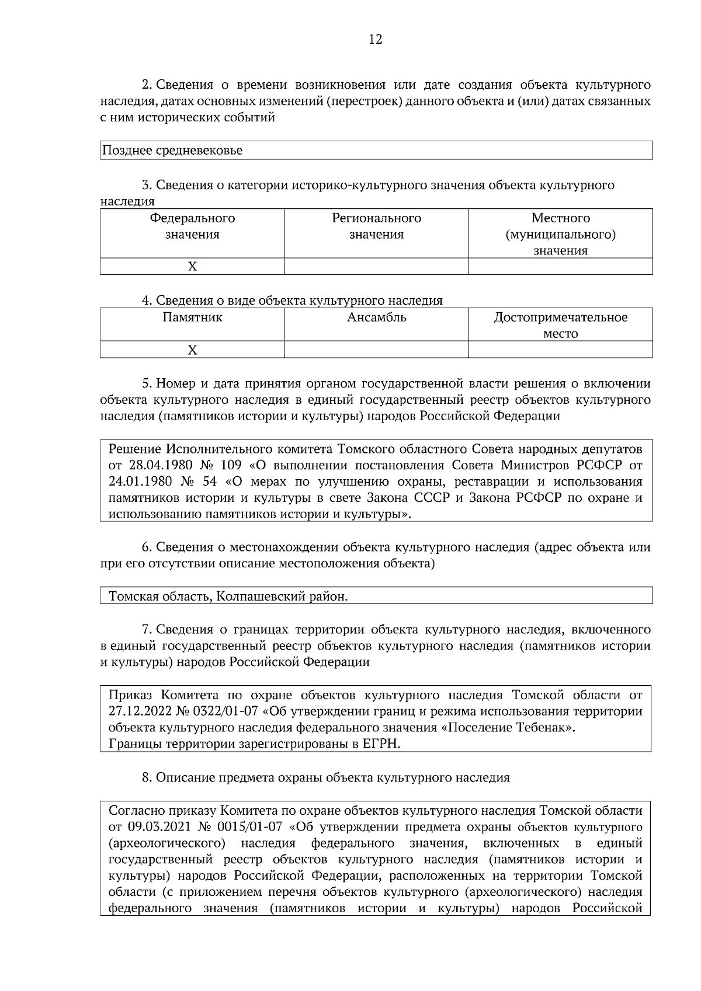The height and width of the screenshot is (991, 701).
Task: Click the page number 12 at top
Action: coord(376,40)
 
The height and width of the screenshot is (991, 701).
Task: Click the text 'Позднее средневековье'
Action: coord(172,150)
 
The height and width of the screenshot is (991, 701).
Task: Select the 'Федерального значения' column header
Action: coord(192,226)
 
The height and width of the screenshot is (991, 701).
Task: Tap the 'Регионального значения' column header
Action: coord(376,226)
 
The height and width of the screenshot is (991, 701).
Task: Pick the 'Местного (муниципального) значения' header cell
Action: coord(560,234)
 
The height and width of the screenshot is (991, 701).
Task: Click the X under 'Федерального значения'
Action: coord(192,267)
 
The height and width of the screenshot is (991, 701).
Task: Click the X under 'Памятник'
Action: coord(192,350)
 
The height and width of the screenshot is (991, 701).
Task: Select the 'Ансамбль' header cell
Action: coord(376,317)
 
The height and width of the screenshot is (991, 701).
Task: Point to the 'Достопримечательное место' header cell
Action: coord(560,325)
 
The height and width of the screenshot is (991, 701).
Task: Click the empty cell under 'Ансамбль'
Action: coord(376,350)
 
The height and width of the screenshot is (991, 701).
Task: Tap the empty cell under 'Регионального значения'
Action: coord(376,267)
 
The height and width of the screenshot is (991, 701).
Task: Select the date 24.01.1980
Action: coord(142,481)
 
